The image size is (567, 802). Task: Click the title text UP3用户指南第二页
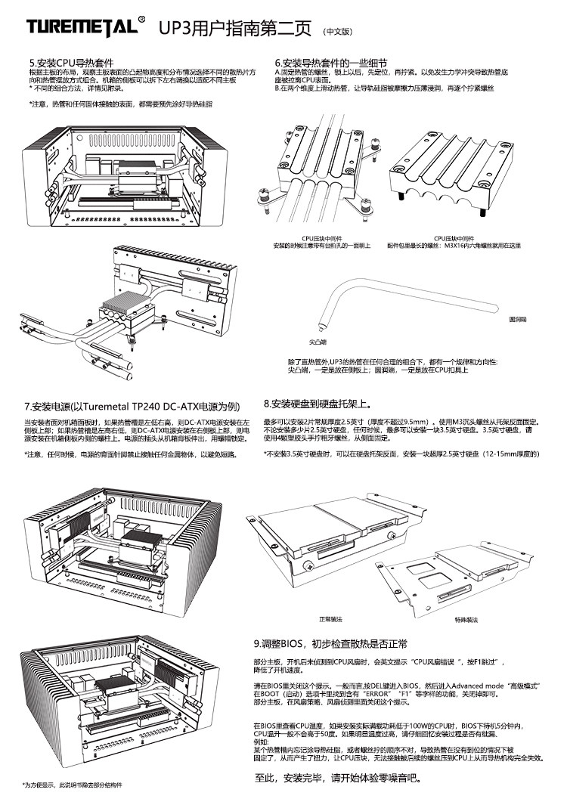tap(235, 29)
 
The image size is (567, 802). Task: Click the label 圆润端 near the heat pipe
tap(518, 320)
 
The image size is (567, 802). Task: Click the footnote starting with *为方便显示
tap(72, 784)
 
